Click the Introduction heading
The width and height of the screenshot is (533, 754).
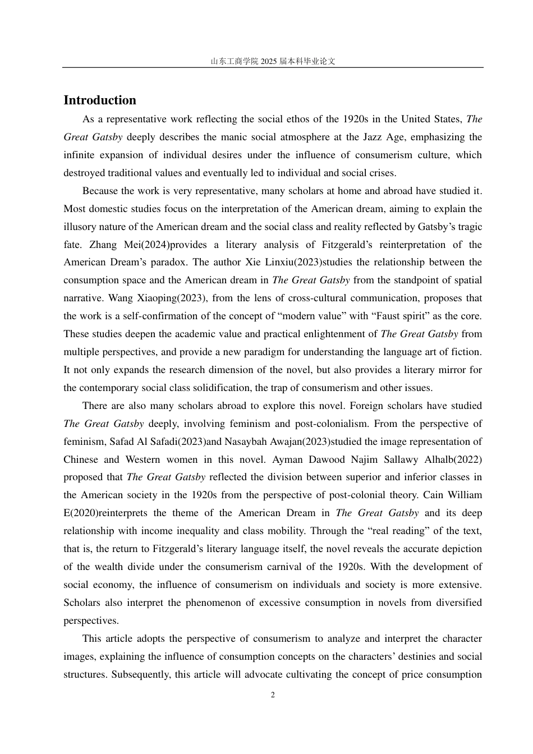click(100, 100)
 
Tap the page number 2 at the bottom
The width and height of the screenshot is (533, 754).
click(273, 695)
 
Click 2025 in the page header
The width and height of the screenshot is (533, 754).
click(269, 61)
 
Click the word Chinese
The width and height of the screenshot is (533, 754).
click(80, 459)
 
